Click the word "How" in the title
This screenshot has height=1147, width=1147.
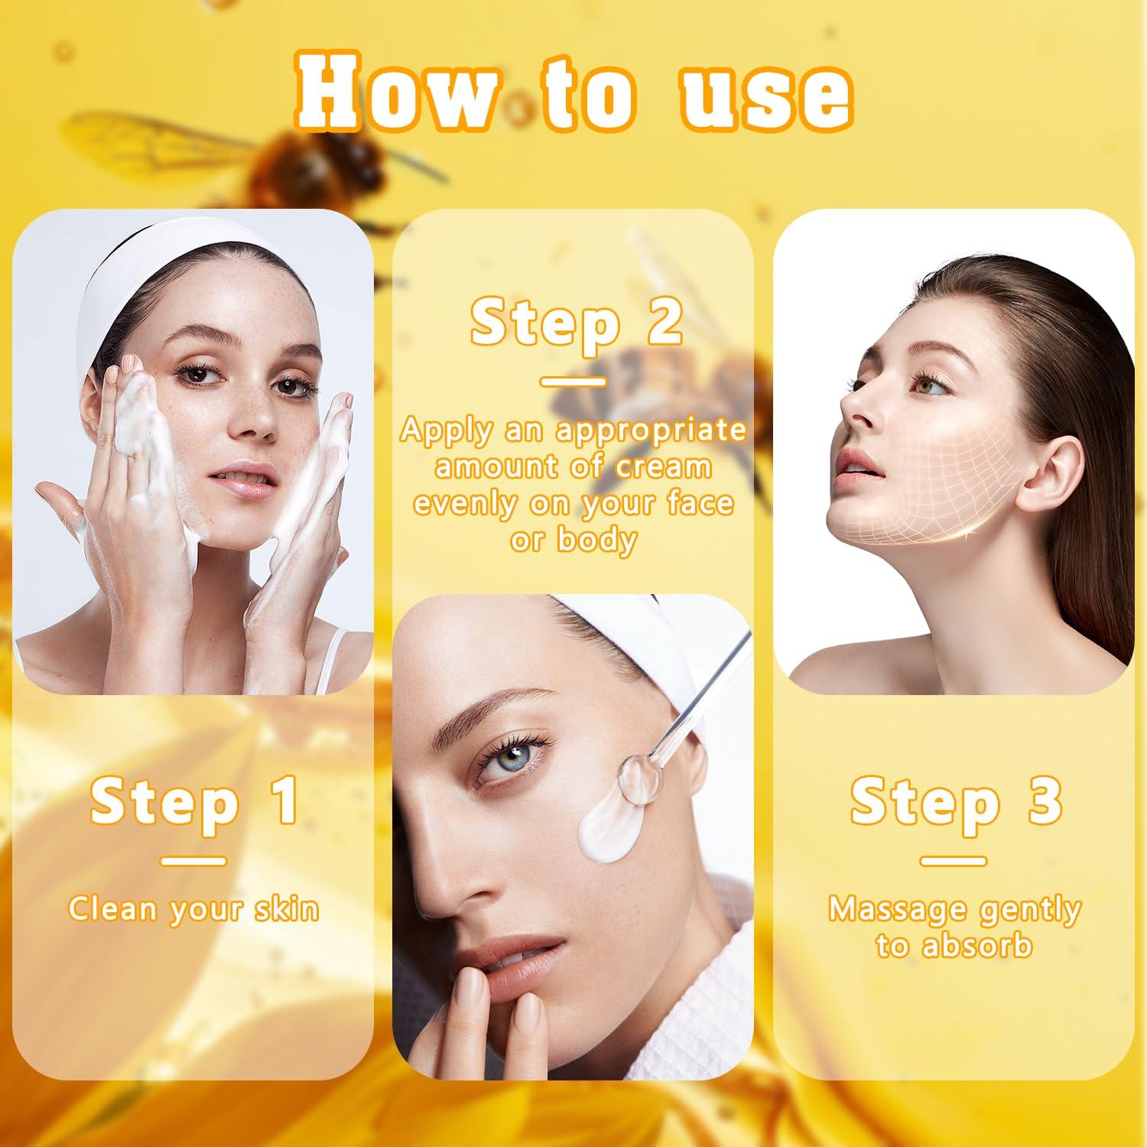[398, 96]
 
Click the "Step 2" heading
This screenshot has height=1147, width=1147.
[575, 323]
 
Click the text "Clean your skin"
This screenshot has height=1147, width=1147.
[193, 909]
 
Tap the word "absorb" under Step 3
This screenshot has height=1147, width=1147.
[976, 946]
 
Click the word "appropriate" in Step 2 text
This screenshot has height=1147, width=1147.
[651, 431]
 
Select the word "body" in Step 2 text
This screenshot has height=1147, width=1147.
[596, 540]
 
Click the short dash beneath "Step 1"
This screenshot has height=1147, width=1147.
[193, 861]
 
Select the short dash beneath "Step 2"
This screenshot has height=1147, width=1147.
[573, 381]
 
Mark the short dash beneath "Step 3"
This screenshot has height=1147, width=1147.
[954, 861]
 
